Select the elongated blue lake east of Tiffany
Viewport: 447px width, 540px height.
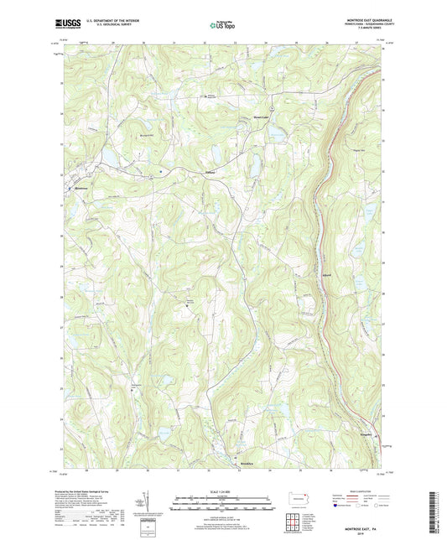252,166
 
